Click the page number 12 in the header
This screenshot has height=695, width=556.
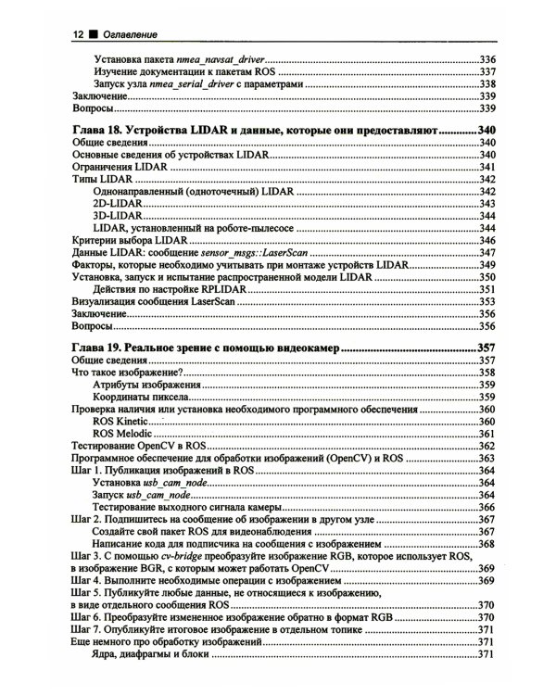78,35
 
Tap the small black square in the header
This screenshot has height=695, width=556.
93,35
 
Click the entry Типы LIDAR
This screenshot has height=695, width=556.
100,179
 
